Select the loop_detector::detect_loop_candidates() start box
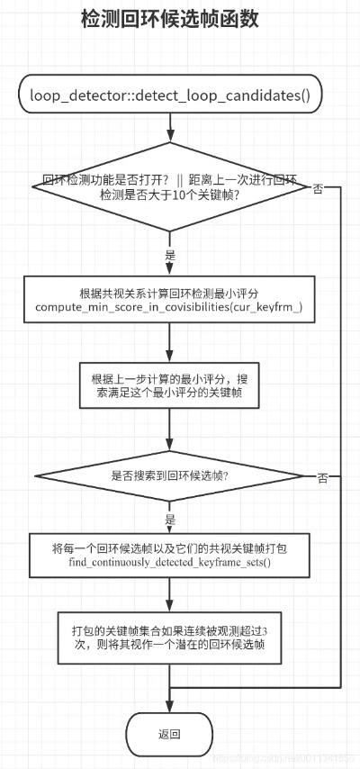pyautogui.click(x=170, y=95)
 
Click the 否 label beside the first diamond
pyautogui.click(x=318, y=189)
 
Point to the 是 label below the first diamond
pyautogui.click(x=170, y=256)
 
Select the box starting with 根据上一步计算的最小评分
pyautogui.click(x=170, y=384)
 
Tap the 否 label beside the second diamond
pyautogui.click(x=321, y=476)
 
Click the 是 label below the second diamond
pyautogui.click(x=170, y=520)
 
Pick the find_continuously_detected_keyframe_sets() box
pyautogui.click(x=170, y=554)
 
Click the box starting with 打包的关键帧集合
pyautogui.click(x=170, y=636)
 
